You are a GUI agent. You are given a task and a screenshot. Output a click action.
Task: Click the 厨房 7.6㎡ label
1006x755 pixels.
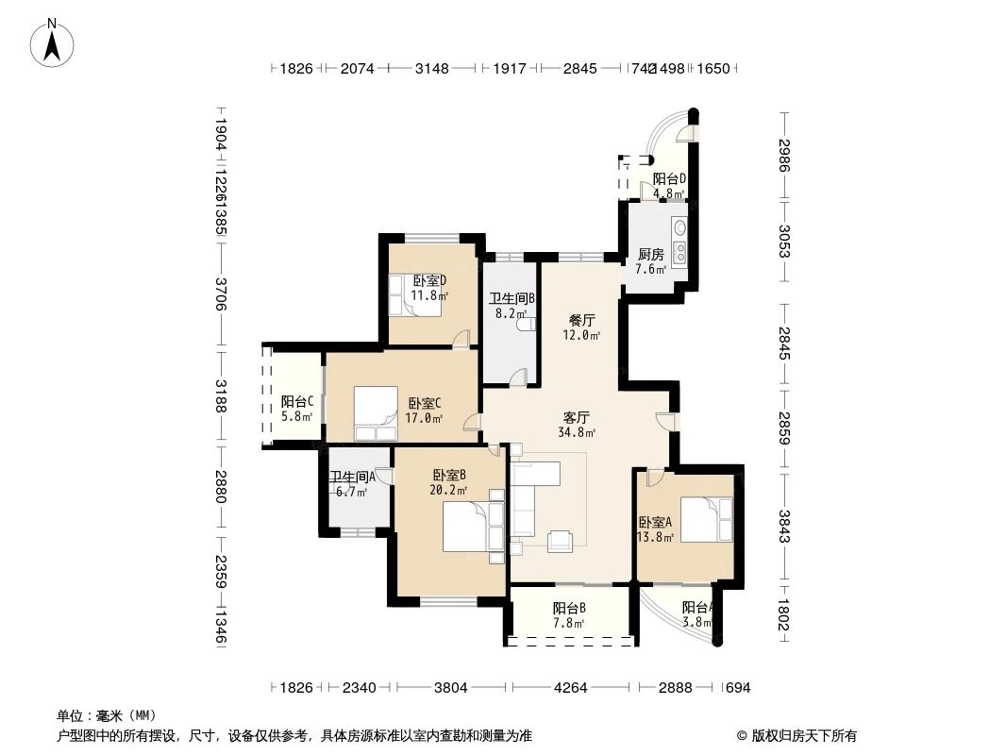650,261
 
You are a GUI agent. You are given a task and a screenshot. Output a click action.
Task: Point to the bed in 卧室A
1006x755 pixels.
706,519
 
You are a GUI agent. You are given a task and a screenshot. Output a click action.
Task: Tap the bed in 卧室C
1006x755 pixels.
376,414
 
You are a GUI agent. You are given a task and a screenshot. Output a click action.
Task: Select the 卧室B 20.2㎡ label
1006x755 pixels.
450,483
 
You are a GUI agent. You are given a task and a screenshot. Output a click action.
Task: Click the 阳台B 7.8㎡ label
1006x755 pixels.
569,614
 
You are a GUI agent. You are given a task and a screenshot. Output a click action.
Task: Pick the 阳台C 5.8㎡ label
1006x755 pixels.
297,408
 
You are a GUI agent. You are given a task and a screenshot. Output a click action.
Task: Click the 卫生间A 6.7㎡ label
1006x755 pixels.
352,484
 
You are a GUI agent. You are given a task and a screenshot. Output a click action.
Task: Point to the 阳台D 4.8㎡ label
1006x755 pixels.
668,186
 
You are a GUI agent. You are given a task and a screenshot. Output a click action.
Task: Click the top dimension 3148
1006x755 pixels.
432,68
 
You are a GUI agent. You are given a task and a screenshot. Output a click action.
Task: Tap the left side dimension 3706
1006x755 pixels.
220,294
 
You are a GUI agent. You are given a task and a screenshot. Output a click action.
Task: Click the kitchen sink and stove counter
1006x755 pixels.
679,243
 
